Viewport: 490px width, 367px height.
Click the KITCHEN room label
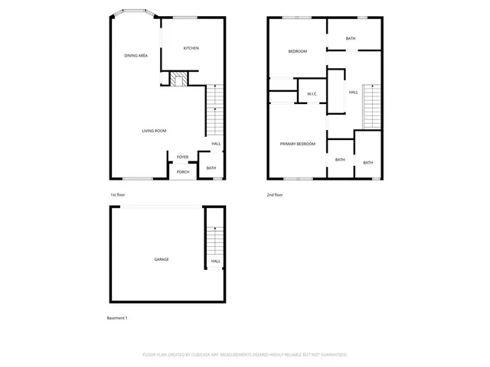(191, 48)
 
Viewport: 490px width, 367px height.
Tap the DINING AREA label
(136, 56)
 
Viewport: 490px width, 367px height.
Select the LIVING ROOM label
(154, 131)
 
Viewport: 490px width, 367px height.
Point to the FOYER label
(183, 157)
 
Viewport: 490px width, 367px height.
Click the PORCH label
(183, 172)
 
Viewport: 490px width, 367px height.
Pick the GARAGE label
(162, 259)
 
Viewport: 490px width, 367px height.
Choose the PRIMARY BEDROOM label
(297, 144)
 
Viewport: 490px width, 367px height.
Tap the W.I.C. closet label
(312, 94)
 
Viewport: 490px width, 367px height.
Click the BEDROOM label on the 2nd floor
(297, 51)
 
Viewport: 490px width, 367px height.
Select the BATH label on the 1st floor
(211, 168)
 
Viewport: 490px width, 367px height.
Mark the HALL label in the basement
(216, 261)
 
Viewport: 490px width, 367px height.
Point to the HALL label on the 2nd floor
(353, 93)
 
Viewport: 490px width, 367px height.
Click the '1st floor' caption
(117, 195)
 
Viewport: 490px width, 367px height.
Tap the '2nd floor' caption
(275, 195)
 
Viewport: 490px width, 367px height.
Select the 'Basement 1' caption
(117, 317)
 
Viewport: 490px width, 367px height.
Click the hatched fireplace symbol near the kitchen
(179, 79)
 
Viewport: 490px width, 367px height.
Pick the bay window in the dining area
(129, 13)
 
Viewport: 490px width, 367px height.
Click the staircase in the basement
(216, 241)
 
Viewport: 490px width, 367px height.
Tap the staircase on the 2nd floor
(371, 106)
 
